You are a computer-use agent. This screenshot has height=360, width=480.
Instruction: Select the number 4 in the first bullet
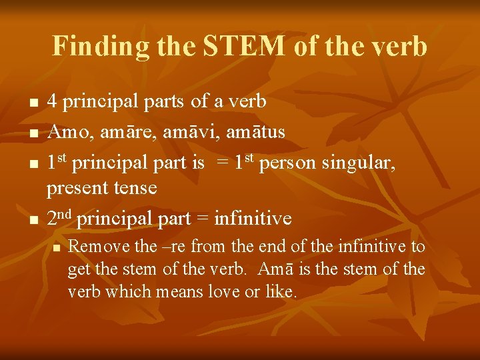tap(51, 102)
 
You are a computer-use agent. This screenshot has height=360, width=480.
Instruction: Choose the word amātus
tap(257, 132)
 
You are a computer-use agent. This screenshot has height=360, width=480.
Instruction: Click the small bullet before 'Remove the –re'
tap(57, 247)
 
